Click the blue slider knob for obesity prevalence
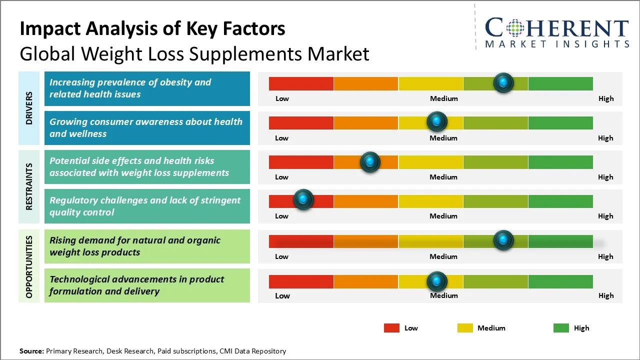(x=503, y=82)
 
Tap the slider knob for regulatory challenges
(x=303, y=200)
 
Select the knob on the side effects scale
(x=370, y=161)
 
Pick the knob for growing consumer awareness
(x=437, y=121)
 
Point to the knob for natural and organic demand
(x=503, y=240)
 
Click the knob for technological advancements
(x=437, y=281)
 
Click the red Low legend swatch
(x=391, y=328)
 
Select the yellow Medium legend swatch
(x=465, y=328)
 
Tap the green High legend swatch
(x=561, y=328)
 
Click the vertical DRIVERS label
(x=29, y=108)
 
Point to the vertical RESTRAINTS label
(x=29, y=186)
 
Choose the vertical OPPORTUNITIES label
(x=29, y=266)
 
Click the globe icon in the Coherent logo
(x=515, y=28)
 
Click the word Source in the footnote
(x=31, y=351)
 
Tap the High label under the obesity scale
(x=606, y=98)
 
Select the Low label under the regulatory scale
(x=282, y=216)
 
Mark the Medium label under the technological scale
(x=444, y=295)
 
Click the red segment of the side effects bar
(x=301, y=162)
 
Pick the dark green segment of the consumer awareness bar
(x=560, y=122)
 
